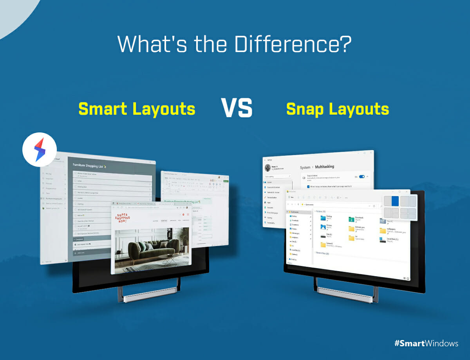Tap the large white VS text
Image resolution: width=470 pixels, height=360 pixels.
237,108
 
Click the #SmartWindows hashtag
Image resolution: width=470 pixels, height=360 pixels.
426,343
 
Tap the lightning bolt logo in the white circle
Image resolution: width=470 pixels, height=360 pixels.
39,150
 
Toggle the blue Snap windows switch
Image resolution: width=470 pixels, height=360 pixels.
362,177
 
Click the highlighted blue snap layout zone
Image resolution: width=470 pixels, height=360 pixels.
395,201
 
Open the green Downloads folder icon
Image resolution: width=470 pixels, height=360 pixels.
351,219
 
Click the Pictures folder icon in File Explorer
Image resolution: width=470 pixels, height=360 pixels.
323,227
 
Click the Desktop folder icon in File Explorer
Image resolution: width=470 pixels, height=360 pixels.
323,217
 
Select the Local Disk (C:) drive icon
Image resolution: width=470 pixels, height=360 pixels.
383,239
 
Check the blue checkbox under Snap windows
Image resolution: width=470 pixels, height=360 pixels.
308,186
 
